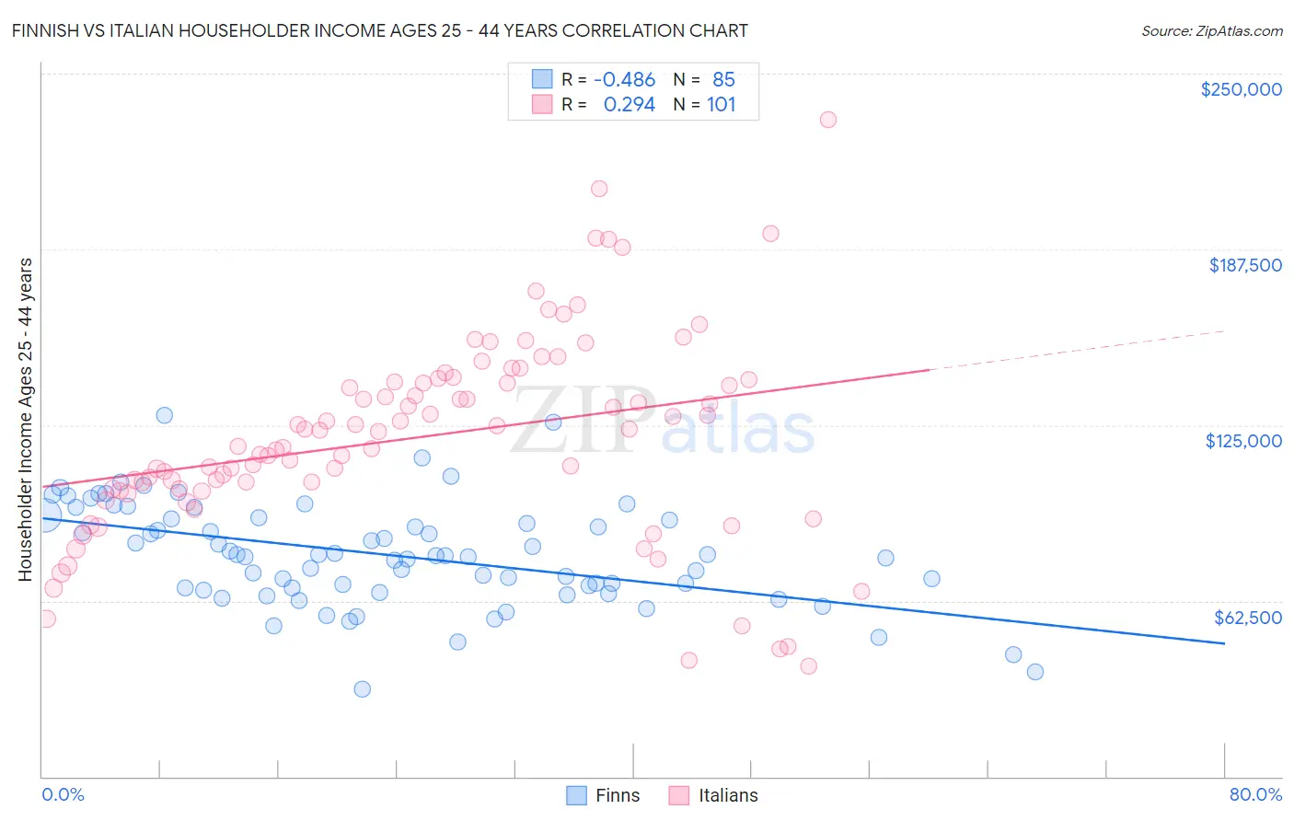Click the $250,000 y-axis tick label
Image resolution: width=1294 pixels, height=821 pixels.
click(1241, 89)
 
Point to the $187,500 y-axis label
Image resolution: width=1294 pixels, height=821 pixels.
click(1244, 265)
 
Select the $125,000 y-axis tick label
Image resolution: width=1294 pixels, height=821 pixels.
click(1243, 441)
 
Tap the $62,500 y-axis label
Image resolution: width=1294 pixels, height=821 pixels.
click(1247, 618)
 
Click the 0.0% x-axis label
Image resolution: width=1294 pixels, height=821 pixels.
click(63, 794)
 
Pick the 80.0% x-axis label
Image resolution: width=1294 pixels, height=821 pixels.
click(1255, 794)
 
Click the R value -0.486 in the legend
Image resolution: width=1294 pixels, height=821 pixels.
click(624, 80)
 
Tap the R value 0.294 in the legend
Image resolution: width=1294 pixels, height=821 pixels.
click(629, 105)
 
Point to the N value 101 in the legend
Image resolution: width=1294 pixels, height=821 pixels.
click(721, 105)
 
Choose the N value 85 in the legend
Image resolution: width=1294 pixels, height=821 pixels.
click(723, 80)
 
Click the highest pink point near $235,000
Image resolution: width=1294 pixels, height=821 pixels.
click(827, 120)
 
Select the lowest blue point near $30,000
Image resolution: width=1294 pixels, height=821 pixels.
click(362, 689)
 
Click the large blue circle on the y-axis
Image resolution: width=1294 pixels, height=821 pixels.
click(44, 515)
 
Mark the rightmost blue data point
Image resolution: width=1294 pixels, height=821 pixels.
click(1034, 672)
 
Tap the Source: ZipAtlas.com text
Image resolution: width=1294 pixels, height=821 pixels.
click(1211, 30)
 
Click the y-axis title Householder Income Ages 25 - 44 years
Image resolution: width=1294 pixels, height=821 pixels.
click(26, 420)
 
